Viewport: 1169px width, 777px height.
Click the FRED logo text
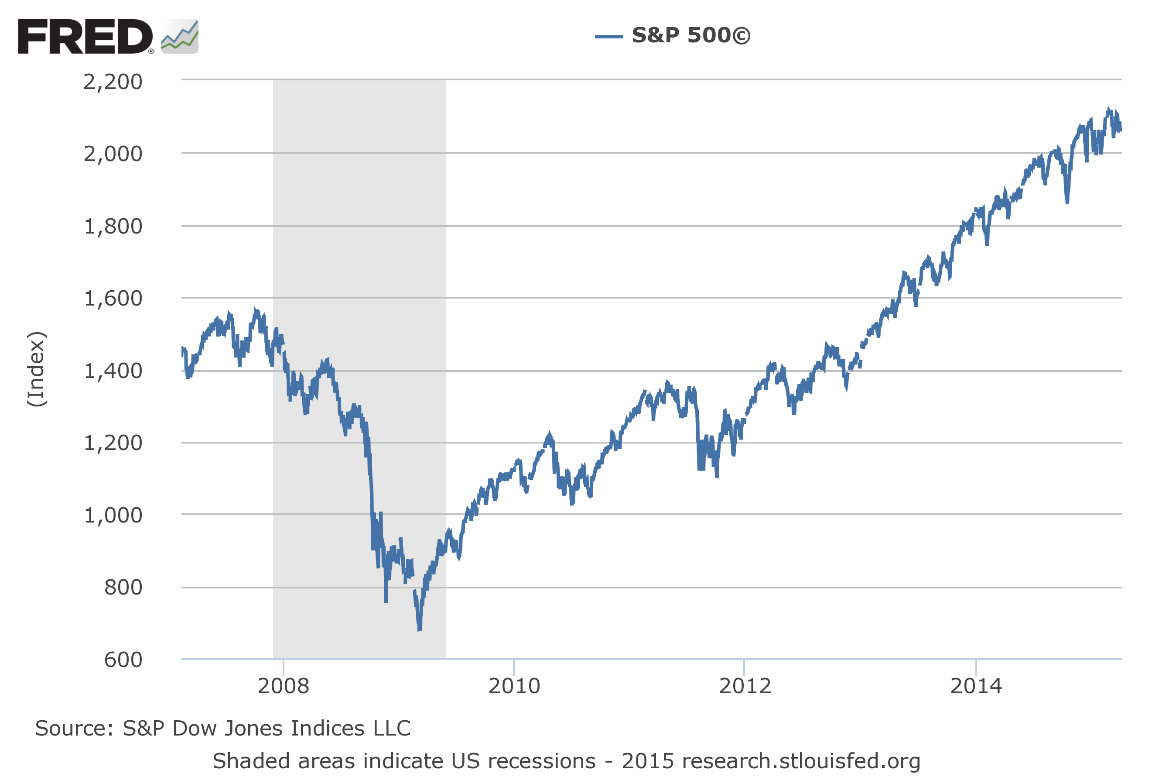click(x=85, y=37)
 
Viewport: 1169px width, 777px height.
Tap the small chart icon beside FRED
click(x=179, y=37)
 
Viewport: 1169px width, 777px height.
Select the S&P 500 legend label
click(x=690, y=36)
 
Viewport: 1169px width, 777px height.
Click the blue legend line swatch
click(x=608, y=36)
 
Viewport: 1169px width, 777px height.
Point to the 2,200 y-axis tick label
click(x=113, y=82)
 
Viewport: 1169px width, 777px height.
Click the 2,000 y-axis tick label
click(x=113, y=155)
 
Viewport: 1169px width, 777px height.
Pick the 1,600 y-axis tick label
click(x=113, y=299)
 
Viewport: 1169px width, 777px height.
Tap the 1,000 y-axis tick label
click(x=113, y=516)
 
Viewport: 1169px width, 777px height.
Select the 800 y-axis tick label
click(x=123, y=588)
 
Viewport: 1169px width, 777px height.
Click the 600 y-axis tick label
click(x=123, y=660)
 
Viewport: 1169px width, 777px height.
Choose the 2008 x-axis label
click(x=283, y=686)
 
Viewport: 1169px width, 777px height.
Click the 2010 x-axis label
click(x=514, y=686)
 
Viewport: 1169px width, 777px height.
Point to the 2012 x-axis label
click(x=745, y=686)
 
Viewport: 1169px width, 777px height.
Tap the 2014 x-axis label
click(x=976, y=686)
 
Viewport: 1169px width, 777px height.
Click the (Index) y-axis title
click(x=37, y=369)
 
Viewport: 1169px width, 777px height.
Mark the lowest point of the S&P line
click(x=419, y=630)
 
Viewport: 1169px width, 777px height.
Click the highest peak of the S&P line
click(x=1109, y=109)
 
